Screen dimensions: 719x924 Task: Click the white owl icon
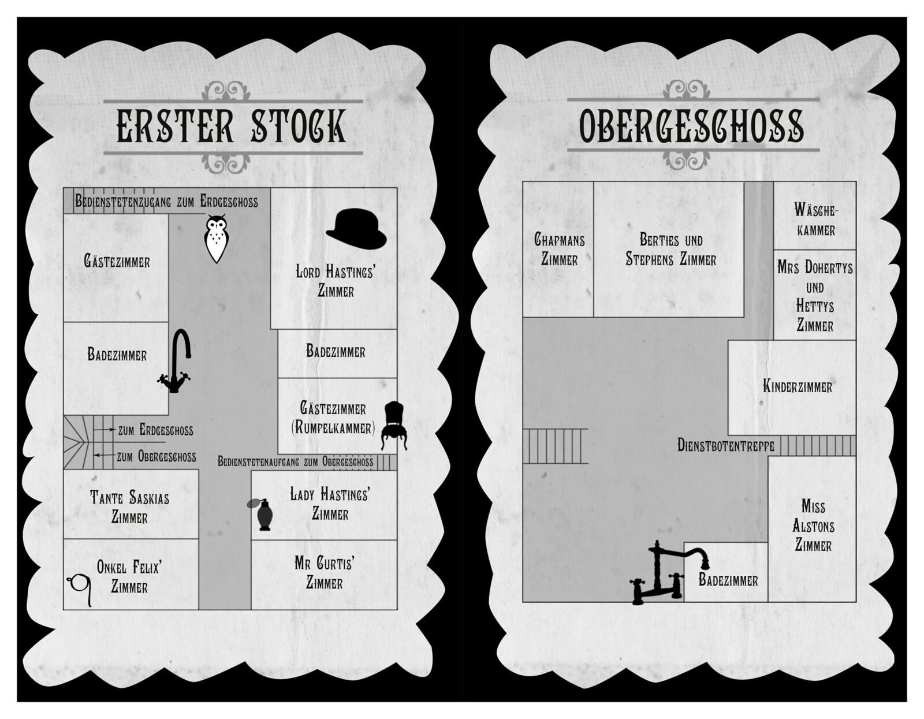tap(216, 239)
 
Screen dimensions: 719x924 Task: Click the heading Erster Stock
tap(232, 126)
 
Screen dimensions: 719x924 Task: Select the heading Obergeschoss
tap(691, 126)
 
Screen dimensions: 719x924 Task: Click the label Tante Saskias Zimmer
tap(129, 507)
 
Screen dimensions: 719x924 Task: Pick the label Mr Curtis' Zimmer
tap(324, 573)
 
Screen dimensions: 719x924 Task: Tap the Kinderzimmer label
tap(798, 386)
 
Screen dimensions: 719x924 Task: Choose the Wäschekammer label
tap(815, 219)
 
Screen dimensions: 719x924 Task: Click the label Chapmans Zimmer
tap(559, 249)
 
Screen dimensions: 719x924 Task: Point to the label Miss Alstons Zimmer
tap(813, 526)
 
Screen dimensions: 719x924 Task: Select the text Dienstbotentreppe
tap(726, 446)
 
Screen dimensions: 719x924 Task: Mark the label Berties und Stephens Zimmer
tap(670, 249)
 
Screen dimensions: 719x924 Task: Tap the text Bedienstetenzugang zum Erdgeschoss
tap(166, 202)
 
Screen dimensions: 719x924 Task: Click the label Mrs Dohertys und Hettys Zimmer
tap(815, 296)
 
